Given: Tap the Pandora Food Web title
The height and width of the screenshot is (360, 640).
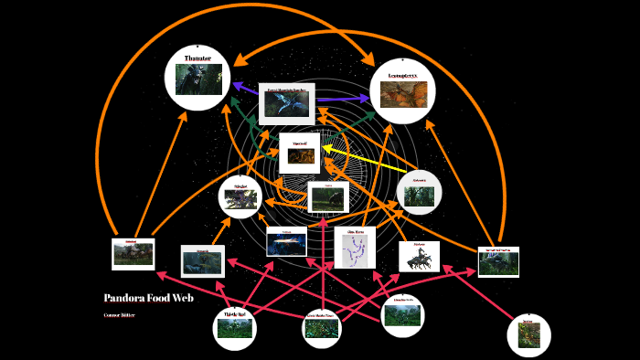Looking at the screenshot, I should [148, 298].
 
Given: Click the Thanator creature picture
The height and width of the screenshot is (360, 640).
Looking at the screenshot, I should [197, 80].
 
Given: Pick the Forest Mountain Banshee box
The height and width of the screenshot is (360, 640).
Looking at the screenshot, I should [287, 103].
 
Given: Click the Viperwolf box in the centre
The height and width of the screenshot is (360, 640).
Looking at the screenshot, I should [299, 153].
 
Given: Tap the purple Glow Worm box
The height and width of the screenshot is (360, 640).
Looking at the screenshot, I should [355, 247].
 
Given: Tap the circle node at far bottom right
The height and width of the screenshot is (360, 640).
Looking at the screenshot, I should [528, 334].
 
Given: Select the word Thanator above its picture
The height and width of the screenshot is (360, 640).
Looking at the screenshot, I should [197, 58].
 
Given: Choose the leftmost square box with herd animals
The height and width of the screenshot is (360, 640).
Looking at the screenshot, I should [133, 254].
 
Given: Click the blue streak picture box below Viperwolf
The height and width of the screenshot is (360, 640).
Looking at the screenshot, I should [286, 241].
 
